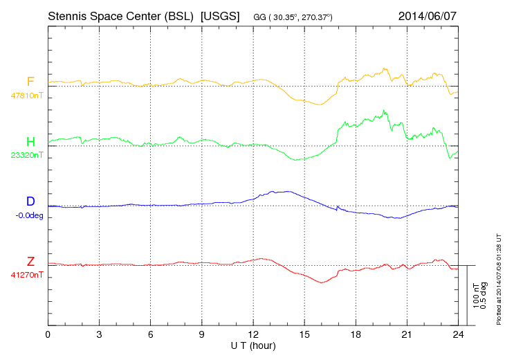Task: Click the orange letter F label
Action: (x=30, y=82)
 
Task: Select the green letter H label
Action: (x=30, y=142)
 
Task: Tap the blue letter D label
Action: (x=30, y=201)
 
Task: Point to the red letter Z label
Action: (x=30, y=261)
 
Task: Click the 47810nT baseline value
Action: (x=26, y=96)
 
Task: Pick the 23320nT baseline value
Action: (x=26, y=155)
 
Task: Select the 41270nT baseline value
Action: (x=26, y=274)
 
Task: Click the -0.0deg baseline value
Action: (x=28, y=215)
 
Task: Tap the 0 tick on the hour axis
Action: (x=48, y=334)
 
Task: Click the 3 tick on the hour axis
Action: (x=99, y=334)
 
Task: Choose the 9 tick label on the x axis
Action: (x=202, y=334)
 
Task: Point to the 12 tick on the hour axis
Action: (x=253, y=334)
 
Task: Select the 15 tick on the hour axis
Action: (x=304, y=334)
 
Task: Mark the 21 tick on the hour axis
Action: (x=407, y=334)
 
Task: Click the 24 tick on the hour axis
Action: (x=458, y=334)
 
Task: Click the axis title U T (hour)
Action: (x=253, y=345)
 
